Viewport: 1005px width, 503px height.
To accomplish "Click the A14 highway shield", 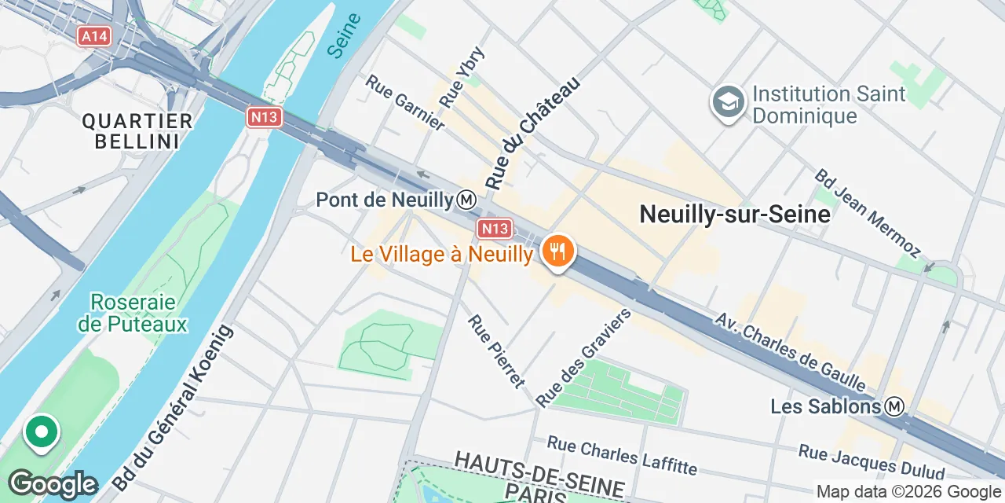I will (x=94, y=35).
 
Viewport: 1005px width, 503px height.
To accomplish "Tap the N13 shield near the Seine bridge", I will (x=264, y=118).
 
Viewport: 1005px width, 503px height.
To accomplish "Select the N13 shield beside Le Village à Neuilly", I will (x=495, y=229).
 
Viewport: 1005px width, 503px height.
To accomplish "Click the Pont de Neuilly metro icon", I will (x=466, y=200).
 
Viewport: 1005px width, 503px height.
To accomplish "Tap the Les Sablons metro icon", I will (x=894, y=406).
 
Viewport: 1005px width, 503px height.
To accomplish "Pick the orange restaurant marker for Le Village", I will (x=557, y=252).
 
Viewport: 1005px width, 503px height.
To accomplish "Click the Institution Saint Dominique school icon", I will (x=728, y=102).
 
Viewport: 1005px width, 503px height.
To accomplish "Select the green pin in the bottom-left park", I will (x=41, y=432).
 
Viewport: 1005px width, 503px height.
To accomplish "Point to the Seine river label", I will (x=343, y=35).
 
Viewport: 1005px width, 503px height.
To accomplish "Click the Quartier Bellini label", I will (x=137, y=131).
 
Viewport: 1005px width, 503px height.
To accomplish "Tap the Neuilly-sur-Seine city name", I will (x=735, y=214).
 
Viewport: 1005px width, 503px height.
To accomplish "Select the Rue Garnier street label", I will (x=405, y=102).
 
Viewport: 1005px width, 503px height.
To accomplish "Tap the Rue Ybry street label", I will (x=462, y=77).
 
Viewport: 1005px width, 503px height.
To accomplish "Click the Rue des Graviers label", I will (x=584, y=358).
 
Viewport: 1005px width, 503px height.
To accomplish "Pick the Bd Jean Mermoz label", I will (x=867, y=212).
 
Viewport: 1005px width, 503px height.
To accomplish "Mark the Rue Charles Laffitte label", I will (x=622, y=455).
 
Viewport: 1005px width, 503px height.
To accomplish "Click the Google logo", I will (x=53, y=484).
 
